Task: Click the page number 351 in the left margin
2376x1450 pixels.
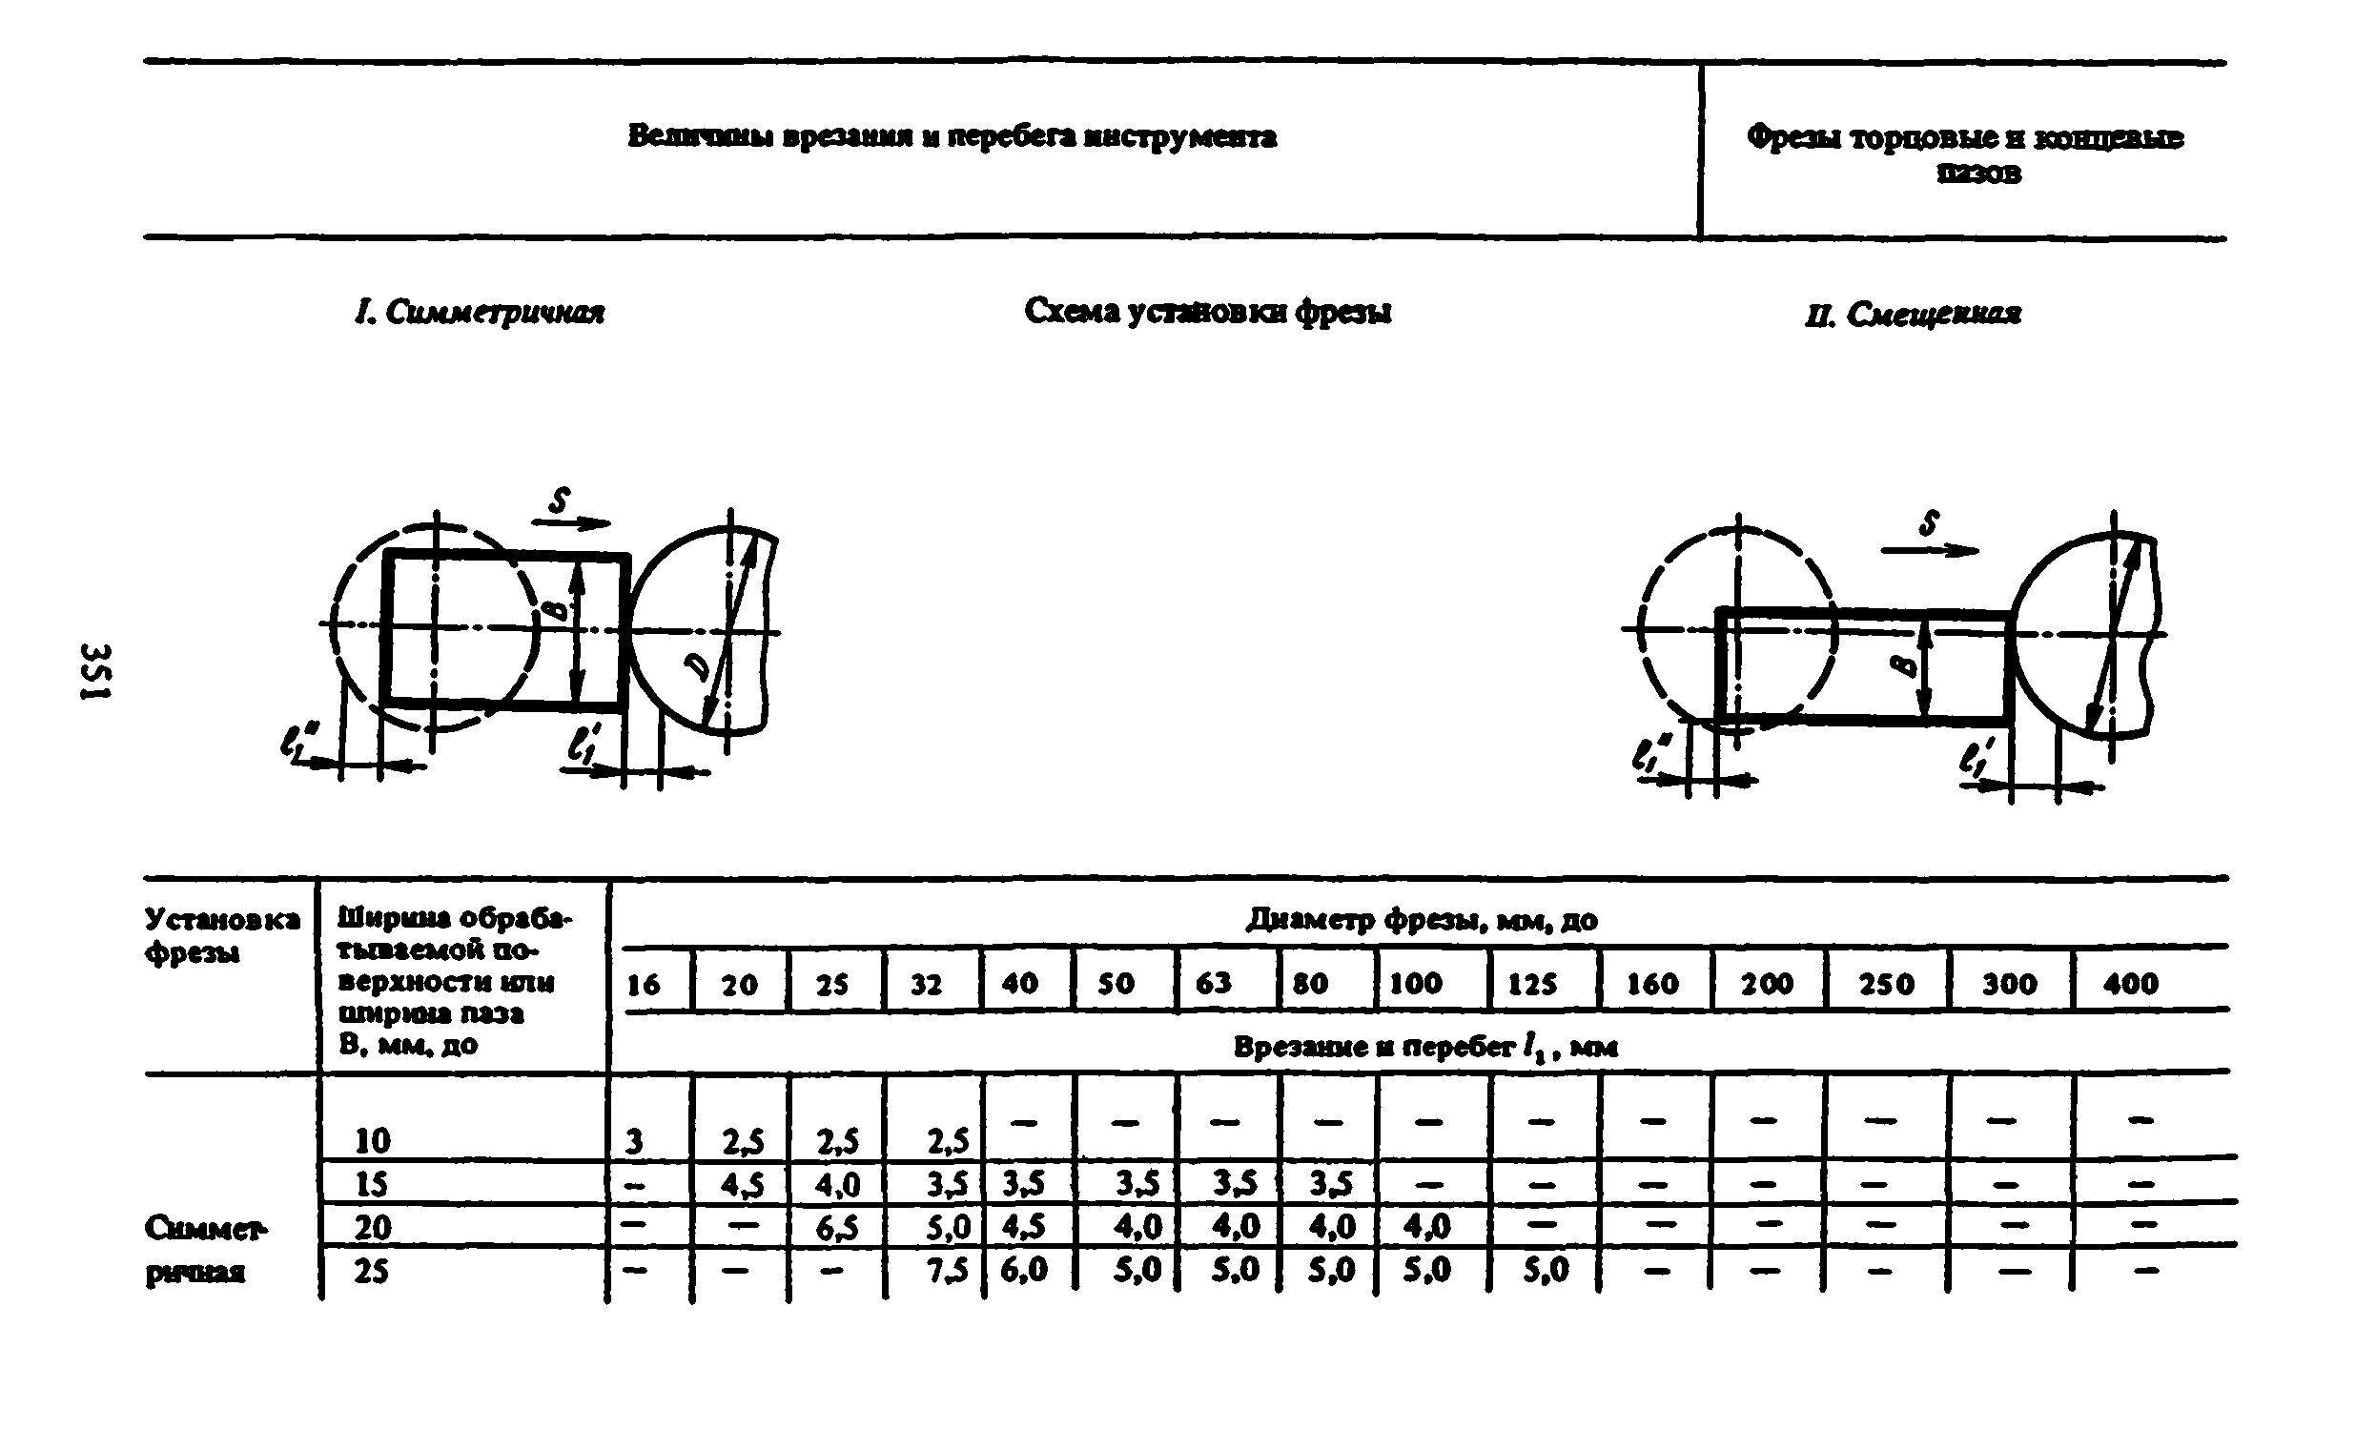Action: [x=97, y=671]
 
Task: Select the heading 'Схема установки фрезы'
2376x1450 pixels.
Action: [x=1207, y=312]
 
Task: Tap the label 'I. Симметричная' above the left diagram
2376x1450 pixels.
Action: [x=480, y=313]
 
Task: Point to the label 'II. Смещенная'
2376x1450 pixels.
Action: [x=1914, y=315]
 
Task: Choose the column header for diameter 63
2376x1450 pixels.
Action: [x=1213, y=983]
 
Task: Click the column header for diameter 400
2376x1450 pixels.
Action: [x=2130, y=984]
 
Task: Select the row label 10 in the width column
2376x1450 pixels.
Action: [x=372, y=1141]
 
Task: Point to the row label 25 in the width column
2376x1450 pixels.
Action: [x=371, y=1272]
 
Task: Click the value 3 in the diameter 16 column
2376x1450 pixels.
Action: [x=633, y=1142]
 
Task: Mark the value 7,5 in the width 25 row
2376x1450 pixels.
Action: [x=948, y=1272]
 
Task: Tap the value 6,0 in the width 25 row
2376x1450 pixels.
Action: [x=1023, y=1270]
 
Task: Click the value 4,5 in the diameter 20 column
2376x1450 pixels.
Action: [x=743, y=1185]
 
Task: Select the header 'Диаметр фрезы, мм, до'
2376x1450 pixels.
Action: [x=1422, y=920]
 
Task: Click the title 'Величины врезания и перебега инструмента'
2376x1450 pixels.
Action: [x=952, y=137]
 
